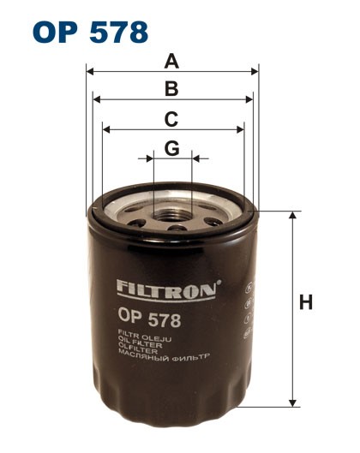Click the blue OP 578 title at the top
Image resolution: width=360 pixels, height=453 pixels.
pos(90,33)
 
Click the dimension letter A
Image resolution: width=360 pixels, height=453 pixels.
pos(171,62)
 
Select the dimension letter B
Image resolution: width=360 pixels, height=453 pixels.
pos(171,88)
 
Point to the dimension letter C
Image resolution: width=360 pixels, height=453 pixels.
pos(171,119)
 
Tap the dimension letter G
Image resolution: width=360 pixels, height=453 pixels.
pos(172,148)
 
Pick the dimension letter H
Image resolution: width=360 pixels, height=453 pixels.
pos(306,302)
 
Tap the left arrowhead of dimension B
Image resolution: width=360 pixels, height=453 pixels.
pos(96,99)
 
